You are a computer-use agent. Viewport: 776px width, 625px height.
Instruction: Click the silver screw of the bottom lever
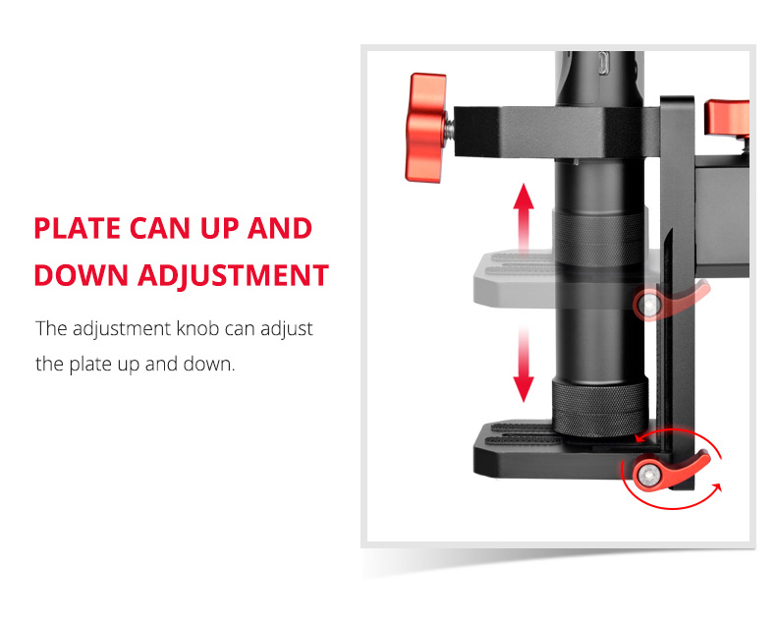[644, 476]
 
